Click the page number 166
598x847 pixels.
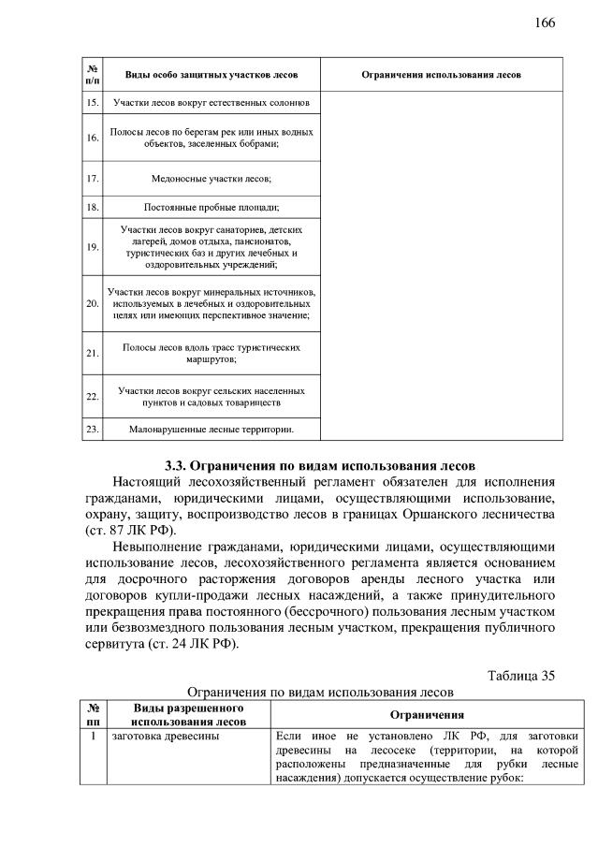546,22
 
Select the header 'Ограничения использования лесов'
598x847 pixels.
442,74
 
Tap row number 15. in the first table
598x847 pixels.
92,101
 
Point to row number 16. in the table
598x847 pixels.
92,138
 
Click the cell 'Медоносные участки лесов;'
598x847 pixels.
211,177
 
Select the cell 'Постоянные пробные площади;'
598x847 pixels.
211,207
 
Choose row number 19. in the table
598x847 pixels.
92,247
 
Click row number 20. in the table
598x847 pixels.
92,304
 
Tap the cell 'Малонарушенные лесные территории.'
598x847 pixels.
211,430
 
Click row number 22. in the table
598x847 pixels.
92,396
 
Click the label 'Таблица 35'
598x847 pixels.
522,677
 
